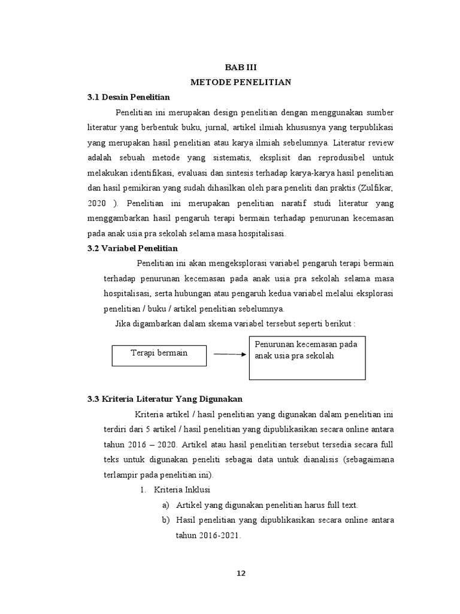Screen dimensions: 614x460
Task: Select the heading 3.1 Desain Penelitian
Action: coord(129,97)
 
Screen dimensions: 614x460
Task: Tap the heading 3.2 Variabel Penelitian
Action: coord(133,248)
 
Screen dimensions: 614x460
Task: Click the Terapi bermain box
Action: coord(159,353)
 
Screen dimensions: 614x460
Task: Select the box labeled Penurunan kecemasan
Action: coord(307,357)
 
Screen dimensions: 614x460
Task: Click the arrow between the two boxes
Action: coord(229,354)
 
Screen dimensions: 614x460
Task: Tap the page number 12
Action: coord(240,573)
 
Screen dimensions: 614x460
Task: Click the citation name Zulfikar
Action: coord(374,187)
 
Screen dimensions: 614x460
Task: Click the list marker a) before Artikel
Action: coord(166,505)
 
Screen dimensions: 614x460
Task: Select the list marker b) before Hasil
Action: coord(166,520)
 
